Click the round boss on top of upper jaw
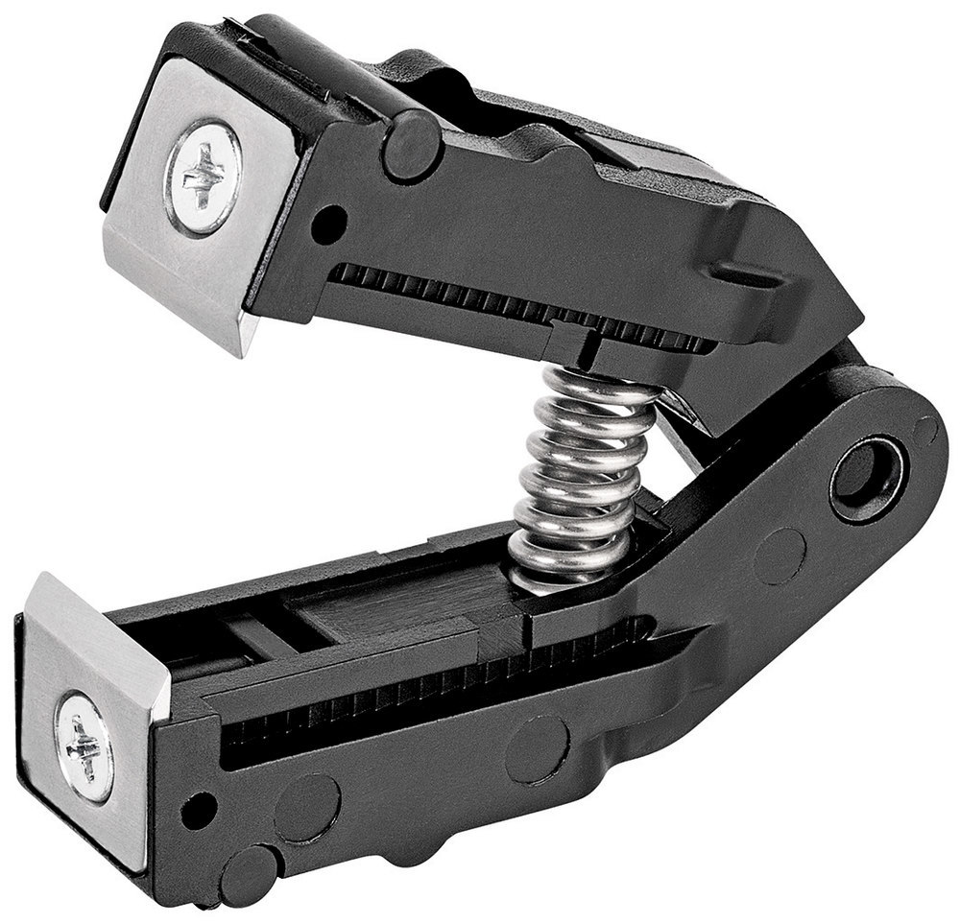pos(412,145)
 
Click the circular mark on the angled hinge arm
pos(780,556)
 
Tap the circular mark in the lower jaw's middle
pos(538,748)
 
